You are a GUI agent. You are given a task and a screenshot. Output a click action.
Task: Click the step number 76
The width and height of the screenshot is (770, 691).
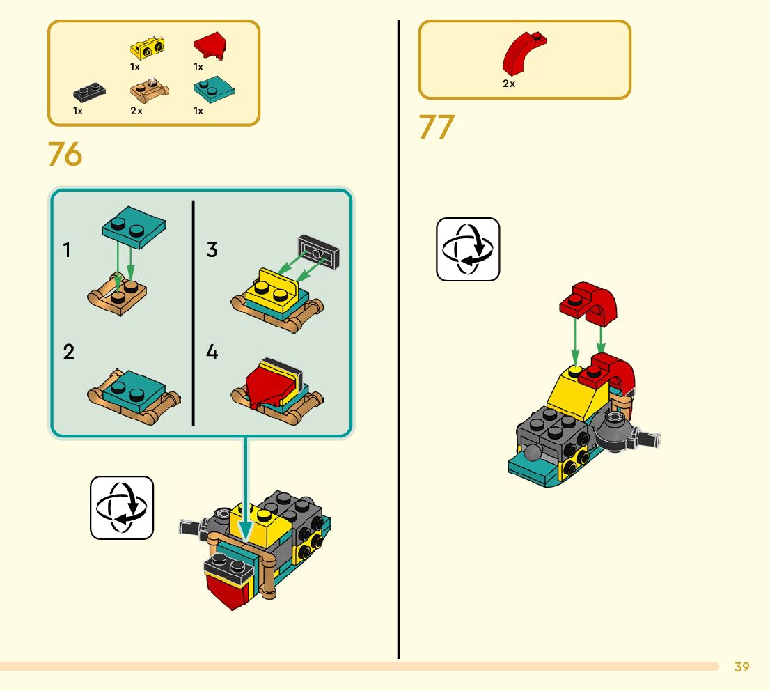click(x=65, y=155)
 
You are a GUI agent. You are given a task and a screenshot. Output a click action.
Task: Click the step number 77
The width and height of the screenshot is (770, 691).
click(x=437, y=127)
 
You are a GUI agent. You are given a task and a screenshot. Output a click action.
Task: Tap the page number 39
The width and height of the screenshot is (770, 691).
click(x=742, y=667)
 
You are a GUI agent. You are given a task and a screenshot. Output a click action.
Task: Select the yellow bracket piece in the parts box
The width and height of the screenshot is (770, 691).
click(x=148, y=48)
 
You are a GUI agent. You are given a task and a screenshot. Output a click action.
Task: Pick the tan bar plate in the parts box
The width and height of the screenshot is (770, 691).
click(x=149, y=90)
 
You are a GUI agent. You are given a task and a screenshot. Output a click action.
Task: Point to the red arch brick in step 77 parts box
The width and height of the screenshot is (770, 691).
click(x=526, y=53)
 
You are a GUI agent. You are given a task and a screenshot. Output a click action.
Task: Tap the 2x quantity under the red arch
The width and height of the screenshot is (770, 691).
click(x=509, y=84)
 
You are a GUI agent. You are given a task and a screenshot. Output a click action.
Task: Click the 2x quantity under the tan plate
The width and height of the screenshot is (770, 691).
click(x=136, y=111)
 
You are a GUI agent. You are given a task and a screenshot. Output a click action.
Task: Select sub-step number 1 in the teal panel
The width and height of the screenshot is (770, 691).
click(x=67, y=250)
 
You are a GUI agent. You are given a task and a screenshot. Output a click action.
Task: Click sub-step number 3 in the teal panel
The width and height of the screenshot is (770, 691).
click(x=212, y=250)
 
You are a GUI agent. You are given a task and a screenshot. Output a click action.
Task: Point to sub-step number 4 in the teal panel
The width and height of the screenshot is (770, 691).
click(x=212, y=352)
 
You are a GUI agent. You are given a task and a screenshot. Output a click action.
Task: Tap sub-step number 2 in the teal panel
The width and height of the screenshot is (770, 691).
click(x=68, y=352)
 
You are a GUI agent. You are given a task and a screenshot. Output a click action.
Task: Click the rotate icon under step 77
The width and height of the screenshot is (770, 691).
click(x=468, y=249)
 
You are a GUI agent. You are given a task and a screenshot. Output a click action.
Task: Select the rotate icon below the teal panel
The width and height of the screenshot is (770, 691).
click(x=122, y=507)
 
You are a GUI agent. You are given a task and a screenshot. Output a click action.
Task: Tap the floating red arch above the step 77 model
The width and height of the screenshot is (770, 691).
click(x=589, y=304)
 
